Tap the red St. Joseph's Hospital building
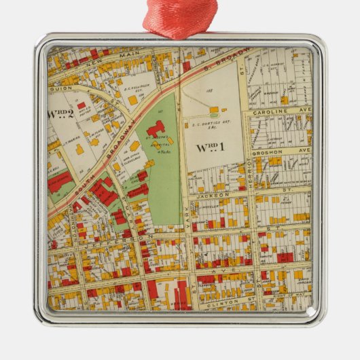coord(155,128)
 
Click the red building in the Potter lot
coord(82,105)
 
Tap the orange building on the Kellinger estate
coord(132,100)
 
